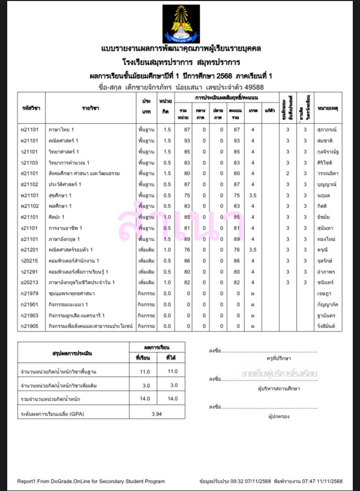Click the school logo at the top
(180, 24)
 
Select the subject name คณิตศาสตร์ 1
(63, 141)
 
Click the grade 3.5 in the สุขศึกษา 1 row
(253, 196)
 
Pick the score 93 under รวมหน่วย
(187, 141)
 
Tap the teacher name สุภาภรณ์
(327, 130)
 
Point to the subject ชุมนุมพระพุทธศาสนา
(72, 294)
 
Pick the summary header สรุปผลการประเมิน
(73, 353)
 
